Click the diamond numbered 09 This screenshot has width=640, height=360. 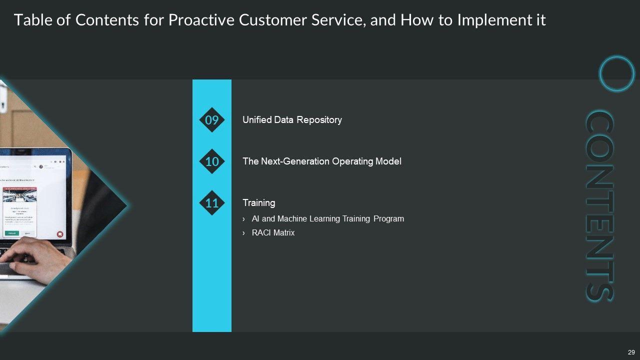pyautogui.click(x=212, y=120)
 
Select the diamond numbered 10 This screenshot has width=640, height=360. pyautogui.click(x=212, y=161)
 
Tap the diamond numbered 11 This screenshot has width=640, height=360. pyautogui.click(x=212, y=203)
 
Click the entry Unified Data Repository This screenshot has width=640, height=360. pyautogui.click(x=292, y=120)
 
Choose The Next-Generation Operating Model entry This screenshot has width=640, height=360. pyautogui.click(x=321, y=161)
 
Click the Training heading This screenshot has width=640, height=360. pyautogui.click(x=258, y=203)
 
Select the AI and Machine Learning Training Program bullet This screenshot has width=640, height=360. pyautogui.click(x=327, y=219)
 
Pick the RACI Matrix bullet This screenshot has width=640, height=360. pyautogui.click(x=273, y=233)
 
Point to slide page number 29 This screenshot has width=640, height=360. pyautogui.click(x=631, y=351)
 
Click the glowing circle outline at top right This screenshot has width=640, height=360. pyautogui.click(x=617, y=74)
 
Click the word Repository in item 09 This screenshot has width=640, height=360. pyautogui.click(x=320, y=120)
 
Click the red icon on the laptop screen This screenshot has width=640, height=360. pyautogui.click(x=59, y=233)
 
